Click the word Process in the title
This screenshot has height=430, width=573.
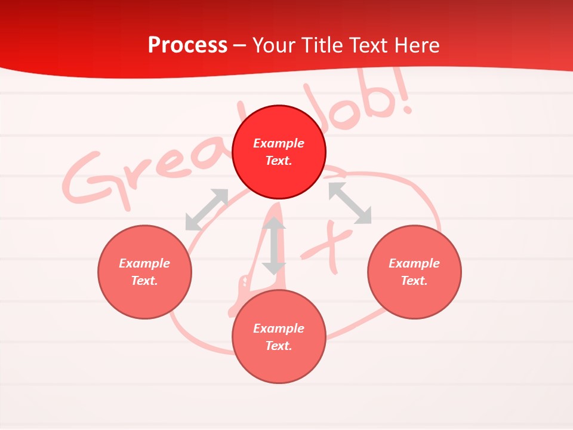(x=187, y=45)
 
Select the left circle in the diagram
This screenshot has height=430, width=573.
(x=144, y=272)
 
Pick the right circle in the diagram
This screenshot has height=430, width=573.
(x=414, y=272)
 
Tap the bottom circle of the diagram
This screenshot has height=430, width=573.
(x=279, y=337)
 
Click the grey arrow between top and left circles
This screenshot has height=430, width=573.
(x=207, y=209)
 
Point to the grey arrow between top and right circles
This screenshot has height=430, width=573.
(x=350, y=203)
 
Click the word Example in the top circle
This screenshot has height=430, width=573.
(x=279, y=143)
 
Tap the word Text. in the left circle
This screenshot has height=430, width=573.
(x=144, y=281)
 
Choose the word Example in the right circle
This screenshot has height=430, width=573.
(x=414, y=263)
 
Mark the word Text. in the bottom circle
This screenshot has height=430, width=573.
(x=279, y=346)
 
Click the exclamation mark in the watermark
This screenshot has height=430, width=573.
(x=405, y=96)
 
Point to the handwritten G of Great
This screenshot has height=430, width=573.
(x=90, y=179)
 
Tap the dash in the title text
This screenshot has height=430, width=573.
(x=240, y=45)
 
